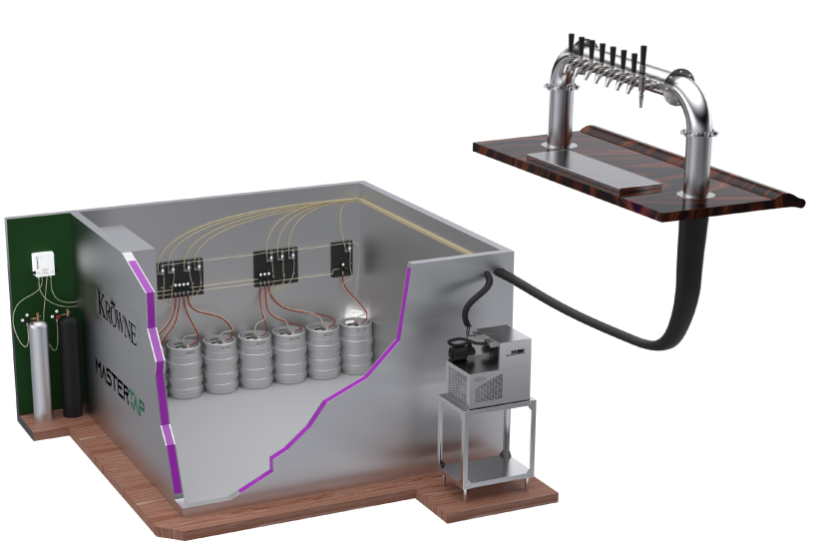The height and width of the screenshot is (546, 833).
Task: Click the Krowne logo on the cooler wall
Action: [x=117, y=315]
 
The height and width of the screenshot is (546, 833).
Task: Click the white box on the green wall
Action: [x=43, y=265]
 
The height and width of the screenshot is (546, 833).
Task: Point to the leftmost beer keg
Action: [x=184, y=367]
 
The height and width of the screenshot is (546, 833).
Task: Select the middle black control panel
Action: [x=275, y=268]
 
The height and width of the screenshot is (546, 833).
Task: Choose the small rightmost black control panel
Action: [x=342, y=259]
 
